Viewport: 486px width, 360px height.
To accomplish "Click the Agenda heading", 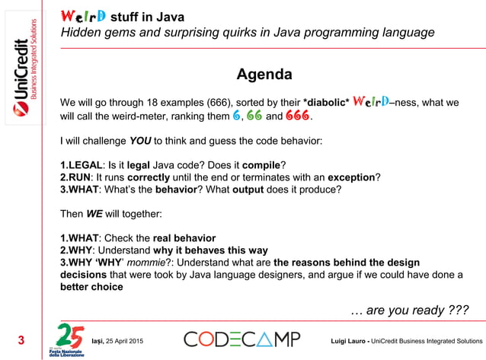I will pyautogui.click(x=264, y=75).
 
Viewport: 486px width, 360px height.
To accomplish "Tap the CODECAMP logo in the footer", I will pyautogui.click(x=241, y=339).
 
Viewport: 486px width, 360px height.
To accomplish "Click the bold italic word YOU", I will pyautogui.click(x=140, y=141).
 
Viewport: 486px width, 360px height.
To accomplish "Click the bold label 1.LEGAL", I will pyautogui.click(x=81, y=164).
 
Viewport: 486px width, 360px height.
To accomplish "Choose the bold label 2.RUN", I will pyautogui.click(x=76, y=177).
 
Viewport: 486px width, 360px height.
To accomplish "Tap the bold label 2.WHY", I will pyautogui.click(x=77, y=250).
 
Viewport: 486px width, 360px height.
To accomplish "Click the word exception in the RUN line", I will pyautogui.click(x=351, y=177).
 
